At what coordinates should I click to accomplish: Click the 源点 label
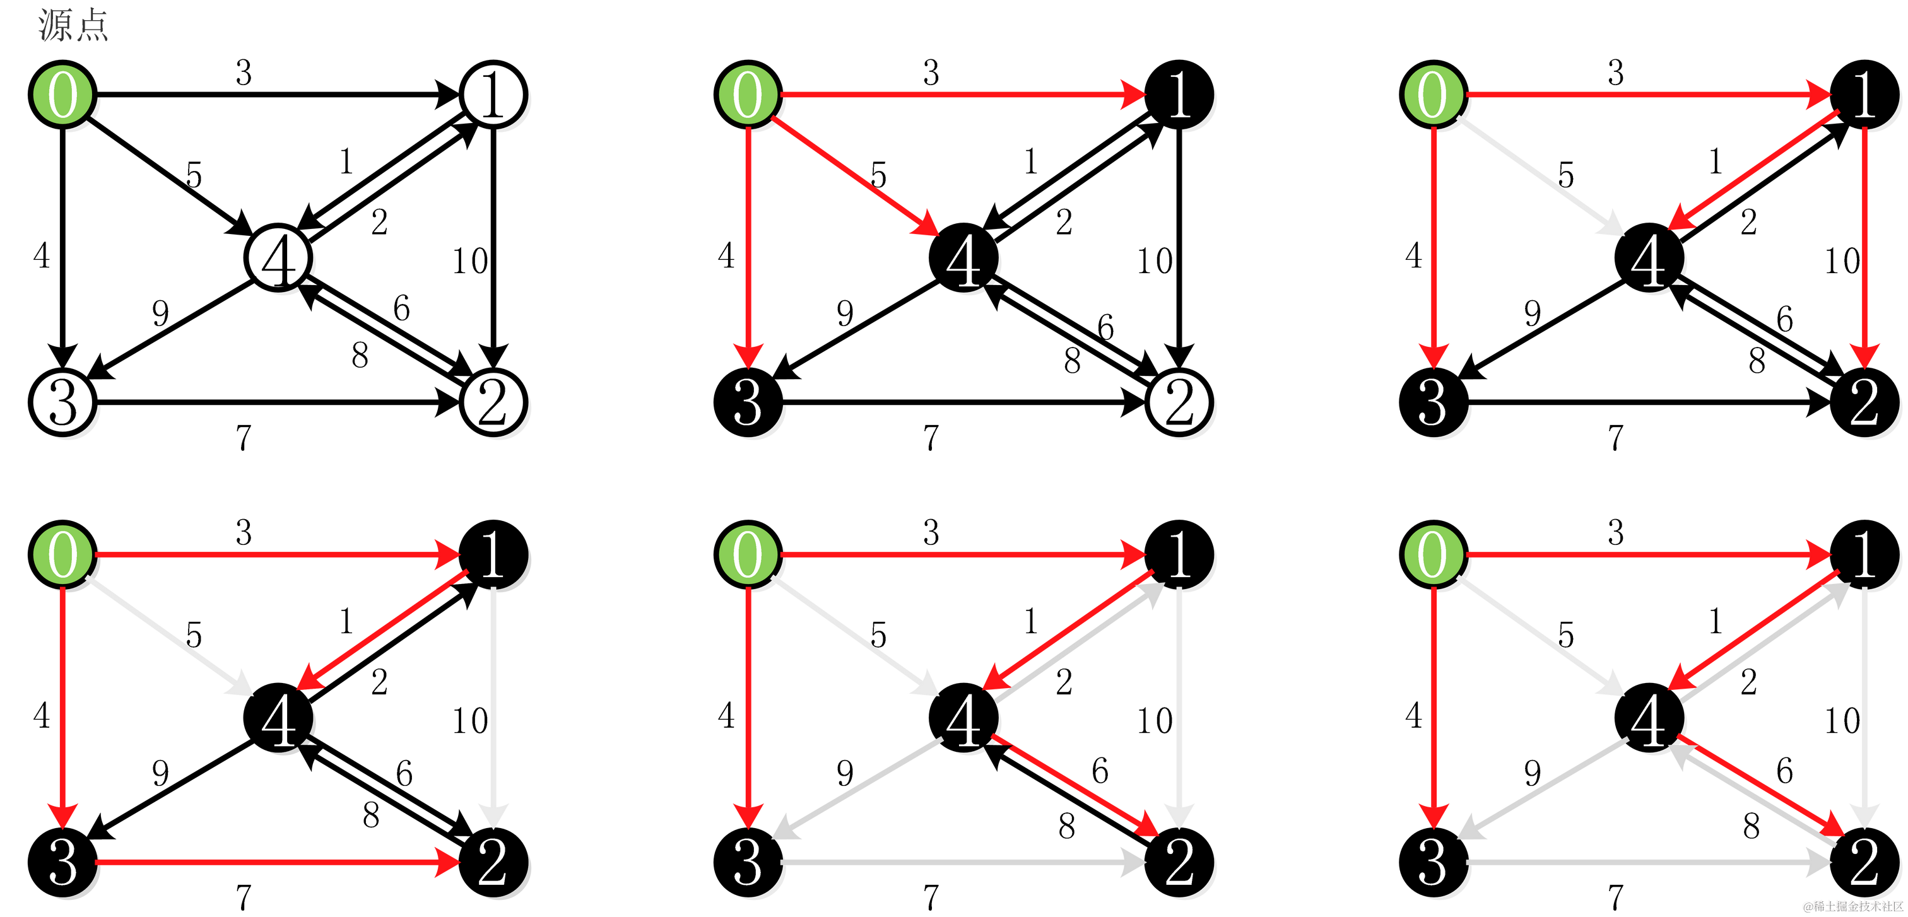(x=73, y=26)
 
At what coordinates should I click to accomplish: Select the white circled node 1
(x=493, y=95)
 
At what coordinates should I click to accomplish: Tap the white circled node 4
(x=278, y=259)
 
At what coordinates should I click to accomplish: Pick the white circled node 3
(x=63, y=402)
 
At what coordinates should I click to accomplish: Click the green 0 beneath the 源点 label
(x=63, y=95)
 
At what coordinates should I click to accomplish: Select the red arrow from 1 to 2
(x=1864, y=244)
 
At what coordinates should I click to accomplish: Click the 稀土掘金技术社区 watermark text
(x=1851, y=904)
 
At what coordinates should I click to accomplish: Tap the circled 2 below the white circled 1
(x=493, y=402)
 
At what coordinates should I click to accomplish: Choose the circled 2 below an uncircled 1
(x=1179, y=402)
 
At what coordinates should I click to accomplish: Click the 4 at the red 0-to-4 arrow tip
(x=963, y=260)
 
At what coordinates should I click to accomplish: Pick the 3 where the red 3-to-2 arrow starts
(x=63, y=862)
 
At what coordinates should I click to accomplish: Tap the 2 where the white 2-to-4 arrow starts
(x=1864, y=862)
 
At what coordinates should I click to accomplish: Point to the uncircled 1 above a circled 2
(x=1179, y=95)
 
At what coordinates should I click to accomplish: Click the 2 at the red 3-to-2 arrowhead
(x=493, y=862)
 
